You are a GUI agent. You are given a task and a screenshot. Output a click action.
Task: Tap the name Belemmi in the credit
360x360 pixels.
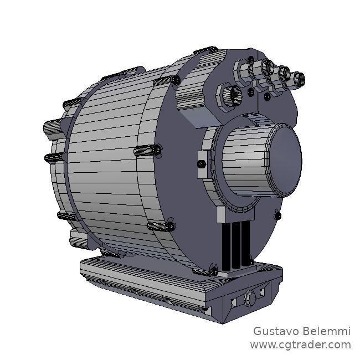pos(330,331)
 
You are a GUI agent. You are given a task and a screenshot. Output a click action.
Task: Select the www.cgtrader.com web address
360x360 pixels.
pos(300,345)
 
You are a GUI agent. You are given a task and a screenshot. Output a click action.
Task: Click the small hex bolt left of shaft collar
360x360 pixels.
pos(202,164)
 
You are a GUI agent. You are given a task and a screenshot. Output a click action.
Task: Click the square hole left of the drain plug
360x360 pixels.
pos(234,301)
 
